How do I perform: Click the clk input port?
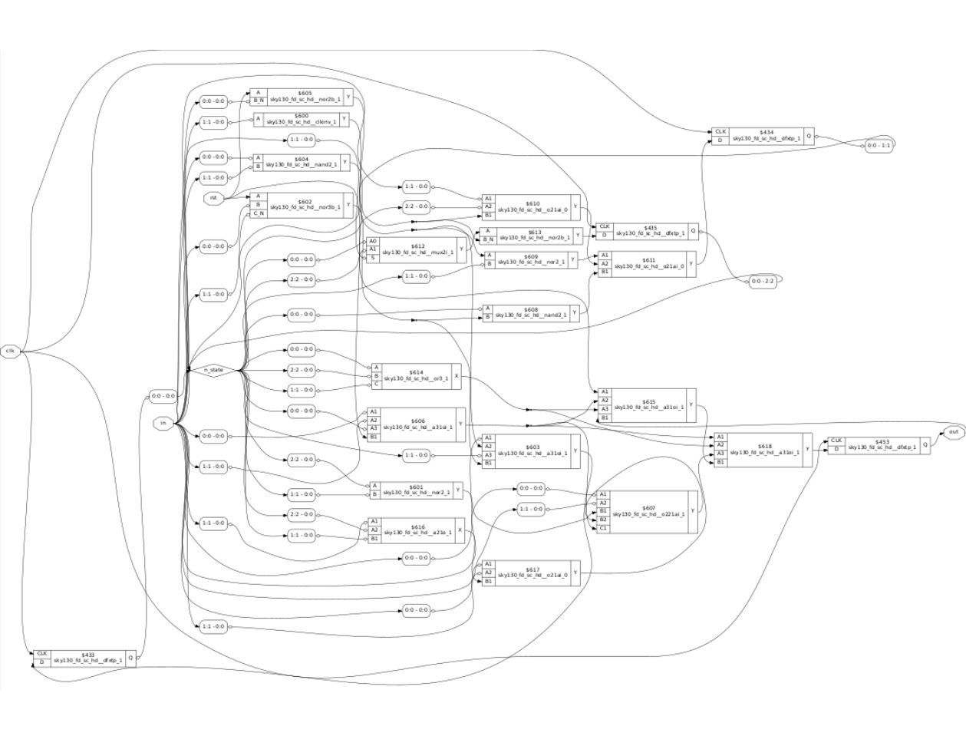click(x=10, y=351)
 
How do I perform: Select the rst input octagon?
click(x=213, y=198)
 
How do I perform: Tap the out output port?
click(x=953, y=432)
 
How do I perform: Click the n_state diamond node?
click(x=213, y=370)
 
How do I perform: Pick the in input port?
click(x=163, y=423)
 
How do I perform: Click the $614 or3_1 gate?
click(x=419, y=375)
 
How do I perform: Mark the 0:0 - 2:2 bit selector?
click(x=763, y=282)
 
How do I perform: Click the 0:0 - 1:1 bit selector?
click(x=879, y=145)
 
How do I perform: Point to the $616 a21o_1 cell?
click(x=418, y=530)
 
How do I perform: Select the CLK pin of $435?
click(x=605, y=226)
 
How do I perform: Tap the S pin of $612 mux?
click(x=373, y=259)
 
